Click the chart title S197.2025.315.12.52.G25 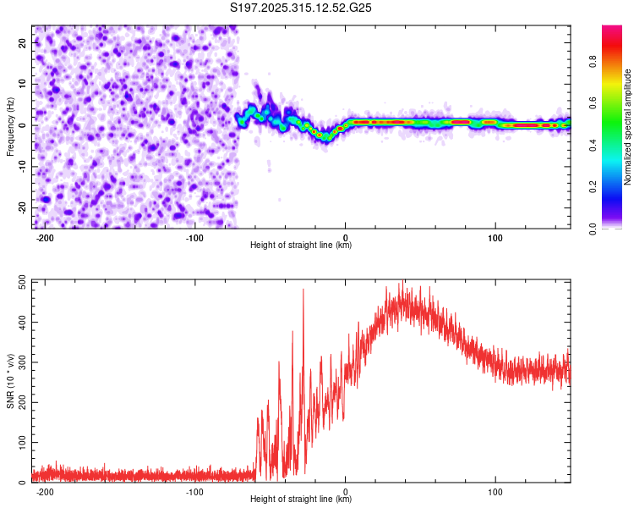coord(302,8)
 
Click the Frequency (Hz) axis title coord(10,126)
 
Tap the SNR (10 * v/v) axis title coord(10,380)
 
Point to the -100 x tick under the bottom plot coord(195,491)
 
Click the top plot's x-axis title coord(302,246)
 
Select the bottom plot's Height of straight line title coord(302,500)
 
